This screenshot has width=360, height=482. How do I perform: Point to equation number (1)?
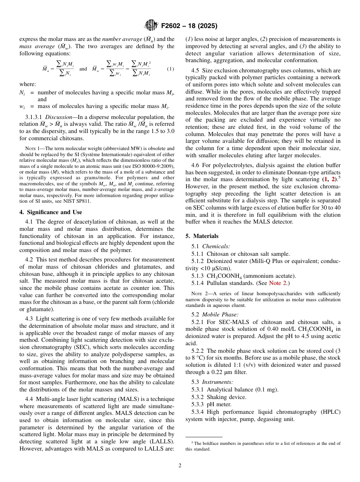pos(171,69)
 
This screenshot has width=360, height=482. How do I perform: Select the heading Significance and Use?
pos(51,212)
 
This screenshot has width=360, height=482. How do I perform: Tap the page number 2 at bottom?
pos(180,465)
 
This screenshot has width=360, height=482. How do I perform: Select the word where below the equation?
pos(28,85)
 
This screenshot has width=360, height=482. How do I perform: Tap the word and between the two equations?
pos(83,69)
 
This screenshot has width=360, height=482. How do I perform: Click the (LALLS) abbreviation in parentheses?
pos(162,442)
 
